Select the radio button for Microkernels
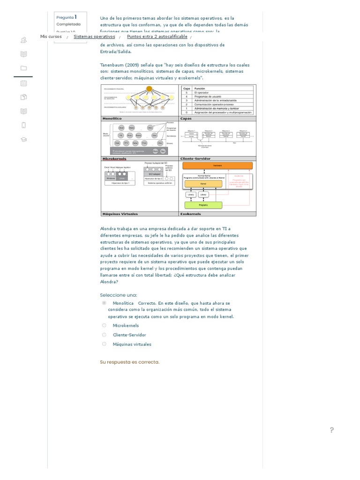104,325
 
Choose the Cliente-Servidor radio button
104,335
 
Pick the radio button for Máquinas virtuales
104,344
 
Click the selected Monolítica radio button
104,303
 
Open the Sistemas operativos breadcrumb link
94,37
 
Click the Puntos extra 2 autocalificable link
157,37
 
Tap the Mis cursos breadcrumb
51,37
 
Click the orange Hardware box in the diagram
217,165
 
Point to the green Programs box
203,205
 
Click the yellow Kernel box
203,184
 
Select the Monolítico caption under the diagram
112,119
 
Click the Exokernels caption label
191,214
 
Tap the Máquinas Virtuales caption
120,214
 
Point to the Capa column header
187,88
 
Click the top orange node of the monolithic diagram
149,89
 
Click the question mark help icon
332,430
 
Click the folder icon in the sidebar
23,68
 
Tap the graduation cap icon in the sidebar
23,139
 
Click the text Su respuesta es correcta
130,362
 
